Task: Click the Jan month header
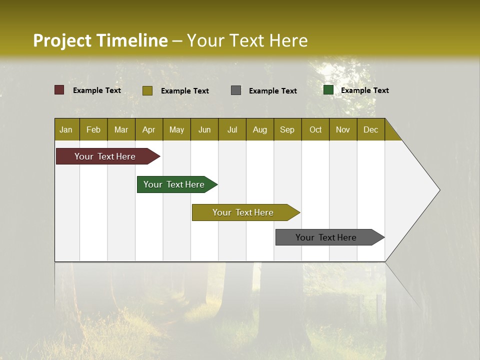(x=66, y=129)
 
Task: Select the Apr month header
(x=149, y=129)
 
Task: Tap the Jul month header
(x=232, y=129)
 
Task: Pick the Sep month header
(x=287, y=129)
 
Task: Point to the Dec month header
(x=371, y=129)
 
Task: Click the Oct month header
(x=315, y=129)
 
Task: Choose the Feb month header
(x=93, y=129)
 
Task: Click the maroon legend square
(x=59, y=90)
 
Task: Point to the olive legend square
(x=147, y=90)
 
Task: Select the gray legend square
(x=236, y=90)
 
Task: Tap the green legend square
(x=328, y=90)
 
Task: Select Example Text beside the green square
(x=364, y=90)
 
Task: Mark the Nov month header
(x=343, y=129)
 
